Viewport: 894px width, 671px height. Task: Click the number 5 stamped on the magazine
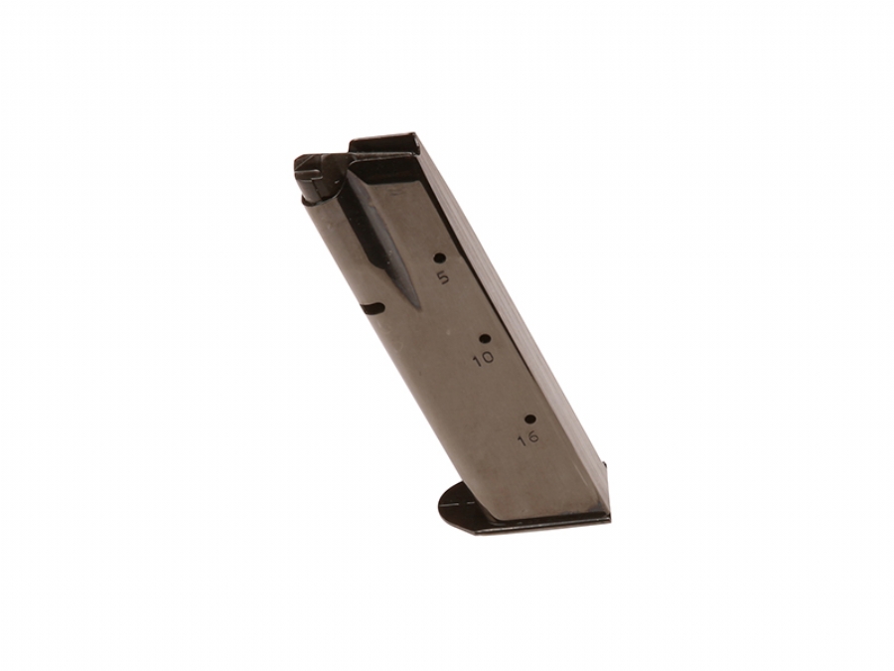point(443,278)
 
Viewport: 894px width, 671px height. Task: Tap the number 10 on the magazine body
point(484,358)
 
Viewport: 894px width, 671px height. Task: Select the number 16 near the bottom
point(528,438)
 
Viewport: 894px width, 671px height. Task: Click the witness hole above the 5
point(440,257)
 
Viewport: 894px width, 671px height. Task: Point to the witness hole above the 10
point(485,339)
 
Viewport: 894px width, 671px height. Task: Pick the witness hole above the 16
point(530,419)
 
